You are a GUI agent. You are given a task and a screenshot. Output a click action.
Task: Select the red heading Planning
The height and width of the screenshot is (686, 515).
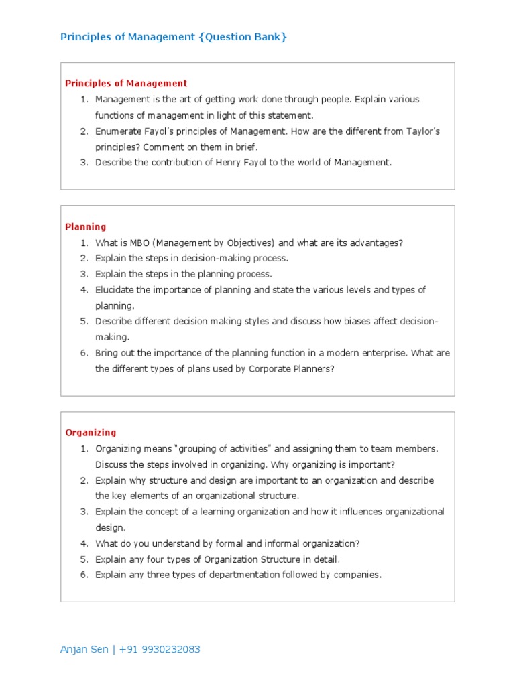click(85, 227)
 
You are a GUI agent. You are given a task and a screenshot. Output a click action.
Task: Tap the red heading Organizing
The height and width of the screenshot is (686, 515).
click(91, 433)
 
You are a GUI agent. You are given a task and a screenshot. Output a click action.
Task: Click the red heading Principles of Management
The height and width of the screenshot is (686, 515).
click(126, 84)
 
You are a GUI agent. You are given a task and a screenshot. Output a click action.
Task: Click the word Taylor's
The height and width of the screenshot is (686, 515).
click(423, 131)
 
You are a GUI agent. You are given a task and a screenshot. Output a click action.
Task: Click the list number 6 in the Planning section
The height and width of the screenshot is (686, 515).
click(84, 353)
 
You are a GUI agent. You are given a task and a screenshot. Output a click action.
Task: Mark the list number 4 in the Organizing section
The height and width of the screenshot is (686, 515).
click(84, 544)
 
